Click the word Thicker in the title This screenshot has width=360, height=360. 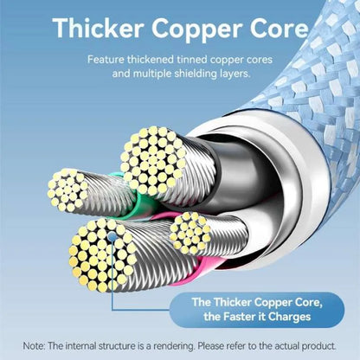(98, 28)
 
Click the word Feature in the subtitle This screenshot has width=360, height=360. (106, 60)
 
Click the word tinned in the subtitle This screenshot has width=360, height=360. (192, 60)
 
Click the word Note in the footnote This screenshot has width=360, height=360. (34, 345)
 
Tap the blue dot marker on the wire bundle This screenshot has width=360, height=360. (112, 237)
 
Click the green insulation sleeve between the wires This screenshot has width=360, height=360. (141, 202)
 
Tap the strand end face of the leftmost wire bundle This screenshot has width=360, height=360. (67, 190)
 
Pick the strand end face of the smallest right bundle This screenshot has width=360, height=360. (190, 233)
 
